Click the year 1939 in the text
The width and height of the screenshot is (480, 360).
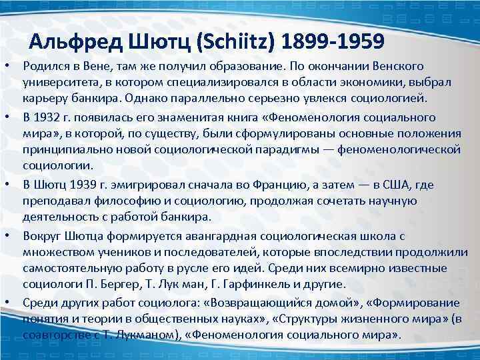pos(80,184)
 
